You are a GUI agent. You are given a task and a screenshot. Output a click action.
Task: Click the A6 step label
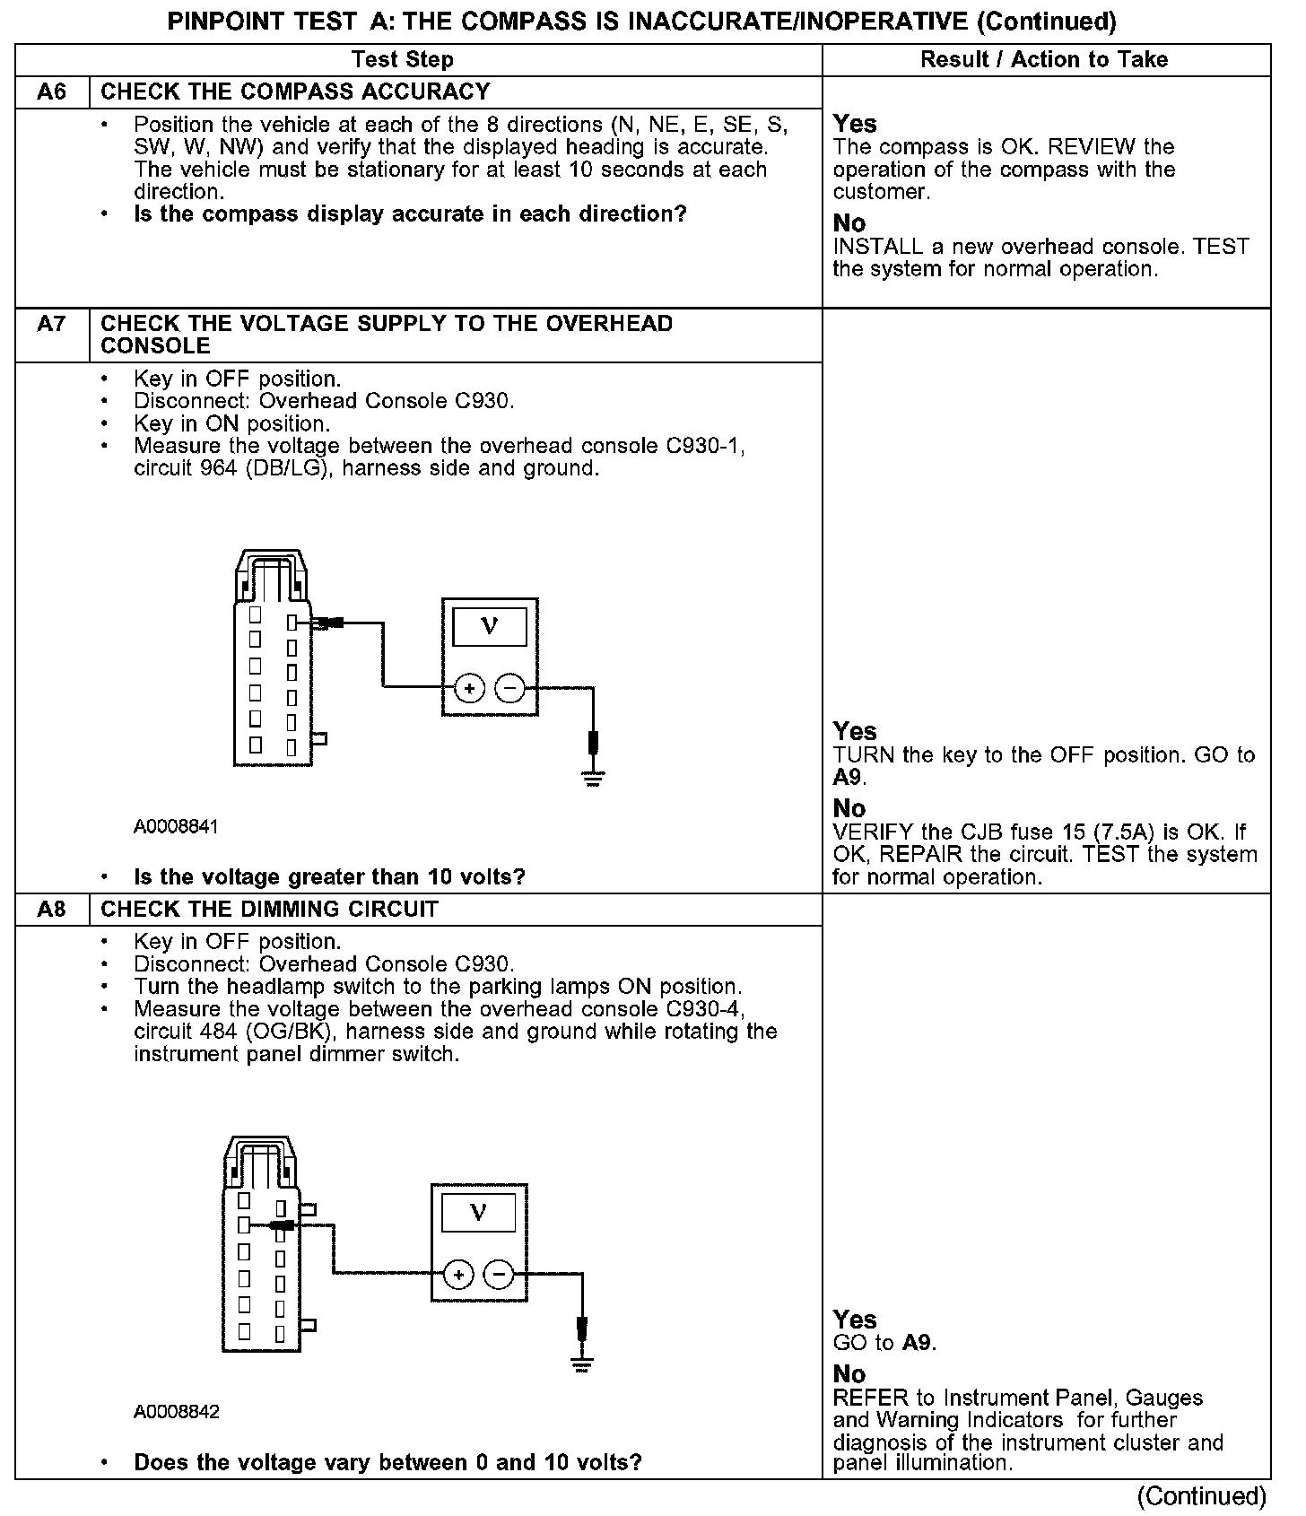tap(52, 91)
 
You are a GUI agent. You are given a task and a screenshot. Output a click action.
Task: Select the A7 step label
tap(52, 323)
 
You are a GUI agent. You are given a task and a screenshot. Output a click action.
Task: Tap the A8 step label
tap(52, 910)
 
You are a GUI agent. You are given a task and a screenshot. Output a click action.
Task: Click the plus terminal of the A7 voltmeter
tap(469, 689)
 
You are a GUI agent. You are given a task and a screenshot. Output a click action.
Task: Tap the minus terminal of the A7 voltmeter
tap(510, 689)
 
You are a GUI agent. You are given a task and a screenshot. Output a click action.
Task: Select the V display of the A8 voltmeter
tap(478, 1213)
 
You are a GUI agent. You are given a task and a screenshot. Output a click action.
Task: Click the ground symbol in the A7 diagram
tap(593, 777)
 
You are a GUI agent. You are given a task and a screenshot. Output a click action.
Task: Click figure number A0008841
tap(176, 826)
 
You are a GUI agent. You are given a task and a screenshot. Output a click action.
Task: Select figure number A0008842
tap(176, 1412)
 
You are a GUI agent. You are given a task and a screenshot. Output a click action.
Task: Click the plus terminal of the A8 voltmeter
tap(458, 1275)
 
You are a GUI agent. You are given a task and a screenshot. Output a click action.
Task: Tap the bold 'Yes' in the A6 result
tap(855, 124)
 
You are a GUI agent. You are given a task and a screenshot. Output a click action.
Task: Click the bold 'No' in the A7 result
tap(849, 808)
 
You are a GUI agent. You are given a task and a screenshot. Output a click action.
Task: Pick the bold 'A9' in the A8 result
tap(919, 1343)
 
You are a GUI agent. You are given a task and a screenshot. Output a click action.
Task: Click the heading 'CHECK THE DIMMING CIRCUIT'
tap(269, 910)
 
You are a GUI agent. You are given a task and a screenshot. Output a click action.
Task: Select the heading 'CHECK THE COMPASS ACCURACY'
tap(295, 91)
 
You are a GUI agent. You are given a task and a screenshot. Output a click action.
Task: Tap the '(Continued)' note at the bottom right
tap(1201, 1496)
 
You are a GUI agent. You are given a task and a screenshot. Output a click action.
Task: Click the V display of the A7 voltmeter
tap(489, 626)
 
